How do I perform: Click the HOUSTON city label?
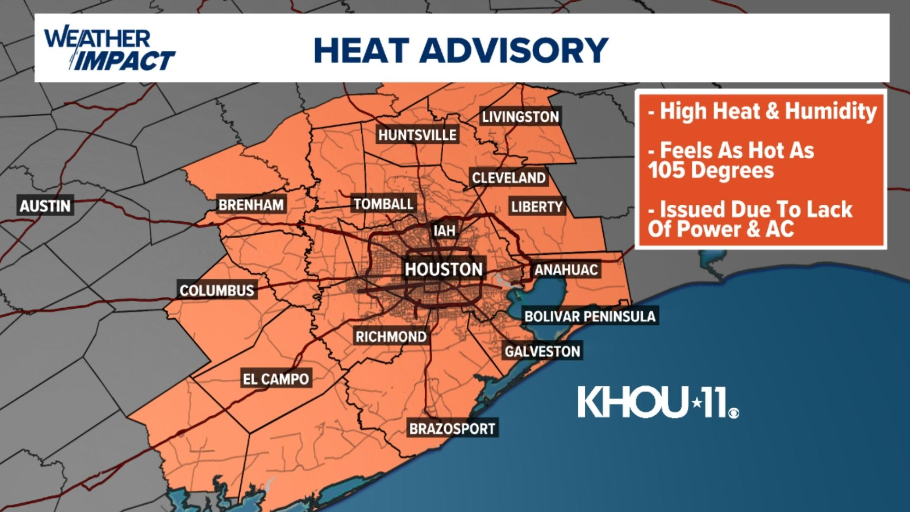pyautogui.click(x=444, y=269)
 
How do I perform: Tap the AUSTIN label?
pyautogui.click(x=45, y=206)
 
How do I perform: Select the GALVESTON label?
pyautogui.click(x=542, y=351)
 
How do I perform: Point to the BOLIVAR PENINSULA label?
pyautogui.click(x=590, y=316)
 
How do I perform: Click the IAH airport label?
pyautogui.click(x=444, y=231)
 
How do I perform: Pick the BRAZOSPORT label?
pyautogui.click(x=452, y=429)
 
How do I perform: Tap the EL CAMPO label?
pyautogui.click(x=276, y=379)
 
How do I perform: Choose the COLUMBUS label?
pyautogui.click(x=217, y=290)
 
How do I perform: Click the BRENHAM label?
pyautogui.click(x=251, y=205)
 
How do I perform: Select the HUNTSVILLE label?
pyautogui.click(x=417, y=135)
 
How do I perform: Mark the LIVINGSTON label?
pyautogui.click(x=520, y=117)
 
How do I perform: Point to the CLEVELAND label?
pyautogui.click(x=509, y=178)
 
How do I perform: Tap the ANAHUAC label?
pyautogui.click(x=566, y=270)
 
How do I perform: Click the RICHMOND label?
pyautogui.click(x=391, y=337)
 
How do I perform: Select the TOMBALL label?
pyautogui.click(x=383, y=204)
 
